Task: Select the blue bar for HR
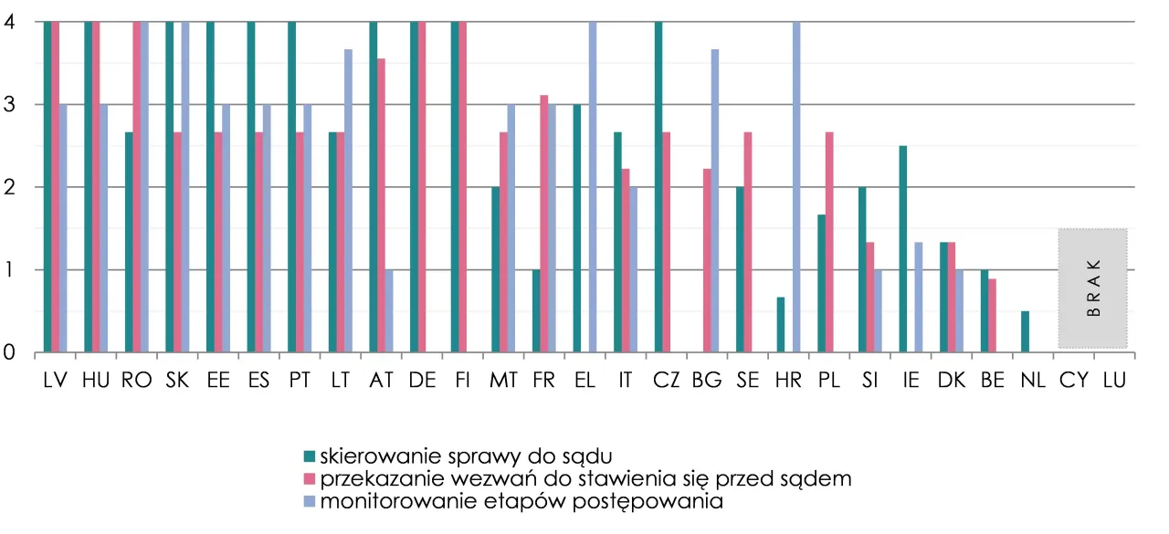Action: pos(796,186)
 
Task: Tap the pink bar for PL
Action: pos(829,242)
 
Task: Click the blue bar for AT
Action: pos(389,310)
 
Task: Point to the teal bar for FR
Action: pos(536,310)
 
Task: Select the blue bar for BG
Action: pos(715,201)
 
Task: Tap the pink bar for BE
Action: pos(992,315)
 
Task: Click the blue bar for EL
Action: pos(593,186)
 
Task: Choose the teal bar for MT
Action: pos(495,269)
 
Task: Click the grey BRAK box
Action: pos(1093,288)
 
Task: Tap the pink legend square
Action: pos(310,478)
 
